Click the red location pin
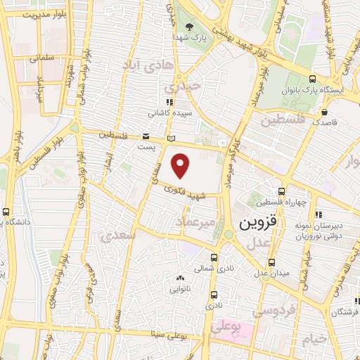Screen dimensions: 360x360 182,165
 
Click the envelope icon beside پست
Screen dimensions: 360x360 146,136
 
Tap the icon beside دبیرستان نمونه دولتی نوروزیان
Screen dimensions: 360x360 319,215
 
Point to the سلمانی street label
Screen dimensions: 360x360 41,59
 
